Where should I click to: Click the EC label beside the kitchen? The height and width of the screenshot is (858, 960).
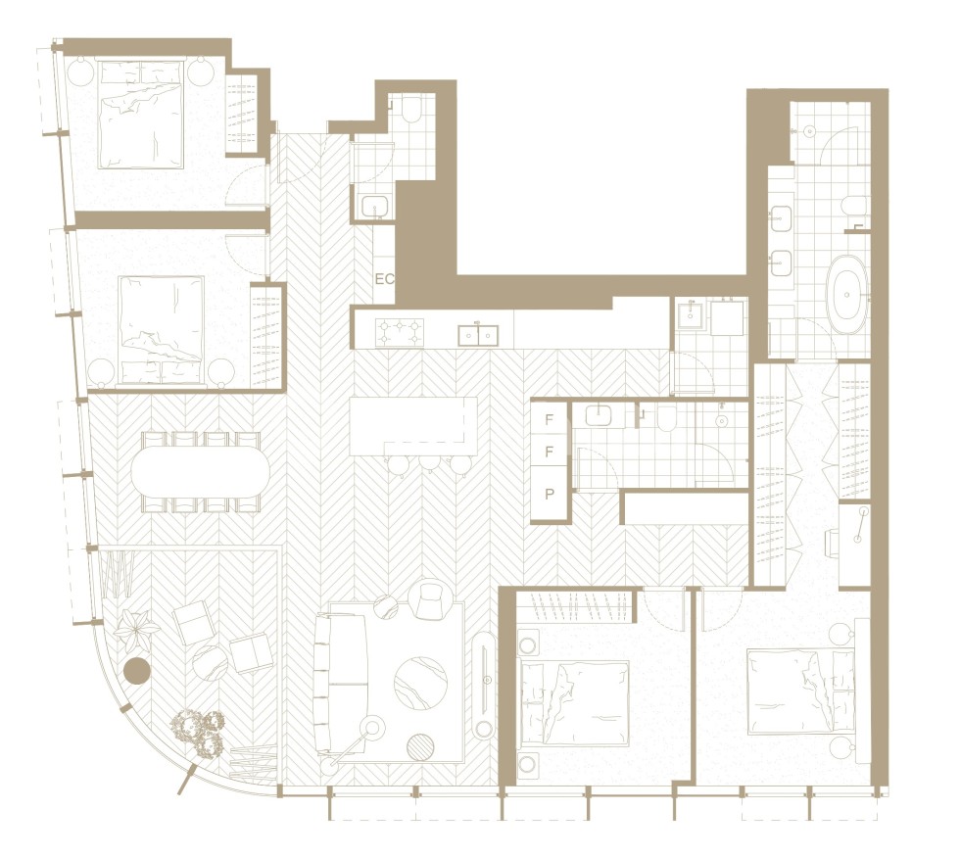point(384,279)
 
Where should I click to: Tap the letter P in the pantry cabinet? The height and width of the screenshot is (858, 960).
point(550,494)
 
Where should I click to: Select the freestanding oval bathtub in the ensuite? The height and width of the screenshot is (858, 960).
point(846,291)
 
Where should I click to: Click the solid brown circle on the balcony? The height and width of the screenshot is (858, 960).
point(136,671)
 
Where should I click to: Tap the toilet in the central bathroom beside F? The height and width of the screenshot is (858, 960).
point(666,419)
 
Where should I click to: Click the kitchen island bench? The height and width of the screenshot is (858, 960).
point(412,426)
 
